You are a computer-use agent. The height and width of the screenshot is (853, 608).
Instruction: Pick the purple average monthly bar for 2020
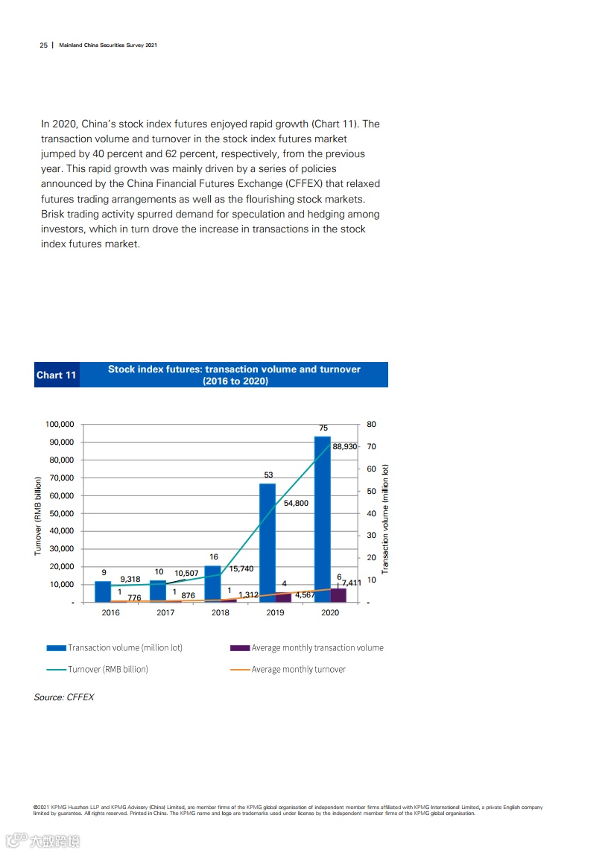tap(338, 594)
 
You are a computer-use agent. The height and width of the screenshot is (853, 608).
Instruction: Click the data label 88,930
tap(345, 446)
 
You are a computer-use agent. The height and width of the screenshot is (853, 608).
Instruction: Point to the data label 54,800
tap(296, 504)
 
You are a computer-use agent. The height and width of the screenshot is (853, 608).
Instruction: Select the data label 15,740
tap(241, 568)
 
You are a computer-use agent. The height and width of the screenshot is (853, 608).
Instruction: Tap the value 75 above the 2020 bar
tap(323, 428)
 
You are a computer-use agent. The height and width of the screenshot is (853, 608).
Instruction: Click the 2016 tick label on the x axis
tap(110, 613)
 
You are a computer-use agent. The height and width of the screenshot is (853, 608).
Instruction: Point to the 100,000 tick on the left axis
tap(60, 425)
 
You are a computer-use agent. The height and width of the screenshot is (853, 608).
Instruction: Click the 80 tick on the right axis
tap(372, 425)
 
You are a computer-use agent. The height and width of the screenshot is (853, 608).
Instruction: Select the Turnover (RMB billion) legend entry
tap(107, 669)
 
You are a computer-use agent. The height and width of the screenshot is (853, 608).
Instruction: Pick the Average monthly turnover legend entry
tap(298, 669)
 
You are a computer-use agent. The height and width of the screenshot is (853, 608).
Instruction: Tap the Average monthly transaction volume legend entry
tap(317, 648)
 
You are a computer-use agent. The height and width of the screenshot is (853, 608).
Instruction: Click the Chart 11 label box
tap(57, 375)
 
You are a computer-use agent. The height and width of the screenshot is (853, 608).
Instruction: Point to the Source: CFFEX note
tap(64, 697)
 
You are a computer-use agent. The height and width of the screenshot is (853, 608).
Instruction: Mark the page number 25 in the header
tap(43, 45)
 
